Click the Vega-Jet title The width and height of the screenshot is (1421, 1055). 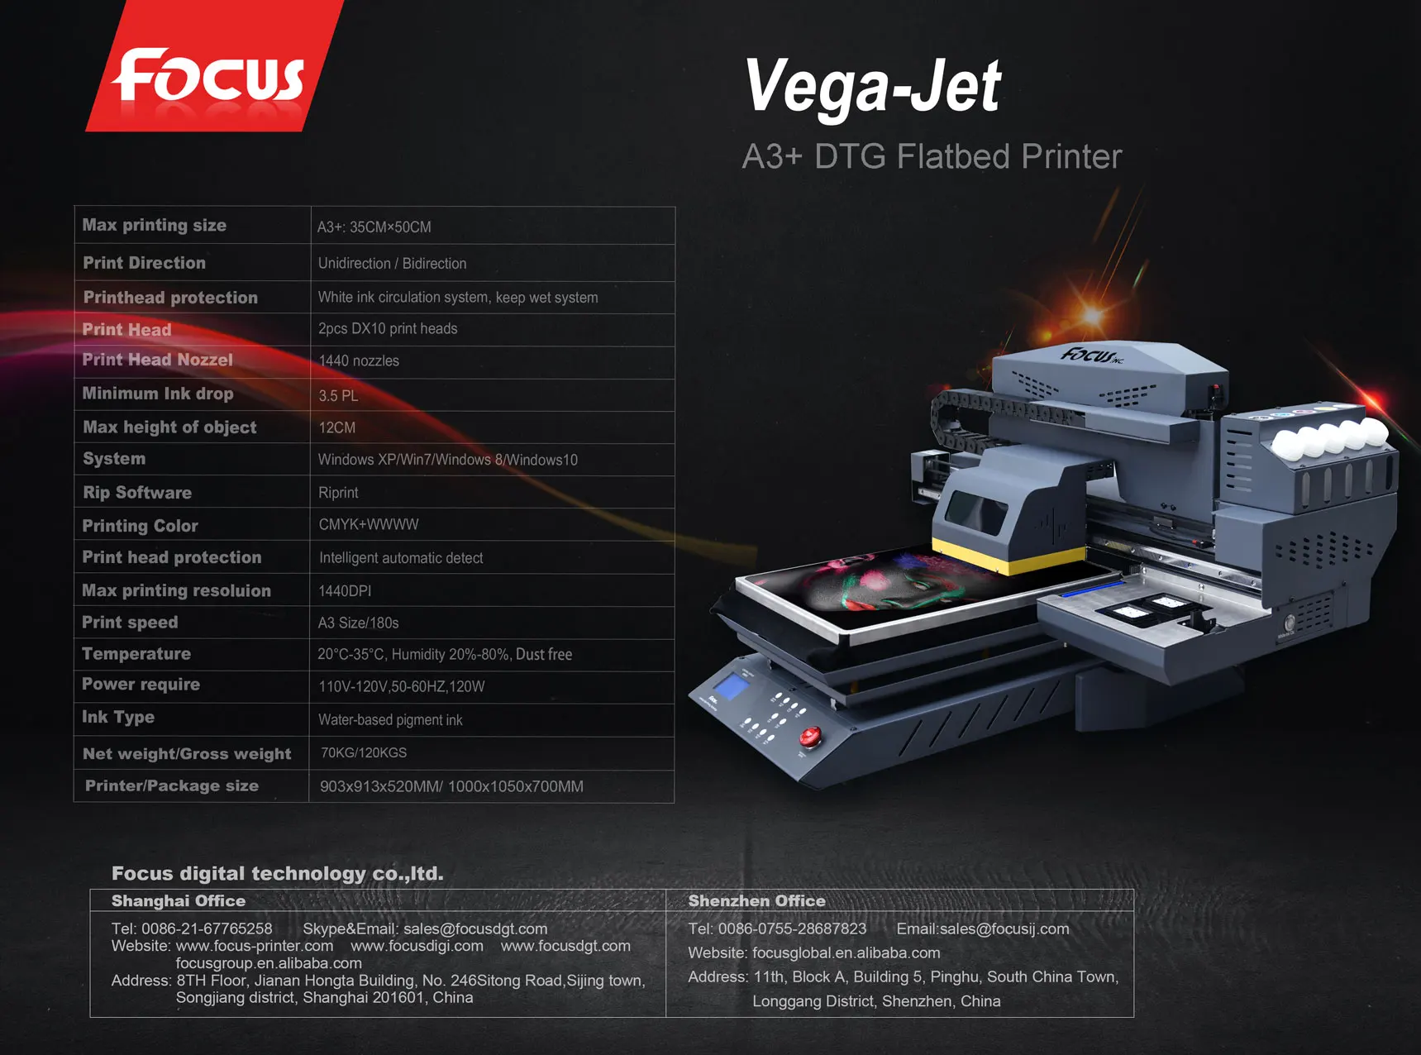tap(872, 86)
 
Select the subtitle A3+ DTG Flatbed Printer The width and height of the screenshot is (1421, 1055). tap(932, 156)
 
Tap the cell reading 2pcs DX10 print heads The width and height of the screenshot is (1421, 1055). tap(388, 329)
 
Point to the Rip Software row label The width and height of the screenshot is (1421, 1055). tap(137, 493)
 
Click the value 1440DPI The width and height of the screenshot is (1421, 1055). tap(345, 591)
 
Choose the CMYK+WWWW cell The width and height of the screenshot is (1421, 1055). tap(369, 525)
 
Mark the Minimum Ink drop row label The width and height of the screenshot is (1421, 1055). tap(158, 394)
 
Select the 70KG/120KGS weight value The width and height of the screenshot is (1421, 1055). tap(364, 753)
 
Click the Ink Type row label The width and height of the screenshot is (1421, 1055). tap(118, 718)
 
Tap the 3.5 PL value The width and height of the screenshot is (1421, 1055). tap(338, 396)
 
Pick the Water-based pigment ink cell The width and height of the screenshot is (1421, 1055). tap(390, 720)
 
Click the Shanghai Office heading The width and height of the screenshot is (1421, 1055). tap(179, 901)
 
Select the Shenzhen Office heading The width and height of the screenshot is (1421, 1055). tap(756, 901)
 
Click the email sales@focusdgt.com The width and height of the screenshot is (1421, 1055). tap(475, 929)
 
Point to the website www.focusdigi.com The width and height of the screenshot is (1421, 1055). tap(417, 947)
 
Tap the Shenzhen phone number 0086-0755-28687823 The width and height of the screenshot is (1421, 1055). tap(792, 929)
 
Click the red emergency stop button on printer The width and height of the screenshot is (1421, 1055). tap(809, 735)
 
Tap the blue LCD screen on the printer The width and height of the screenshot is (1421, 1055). tap(730, 686)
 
